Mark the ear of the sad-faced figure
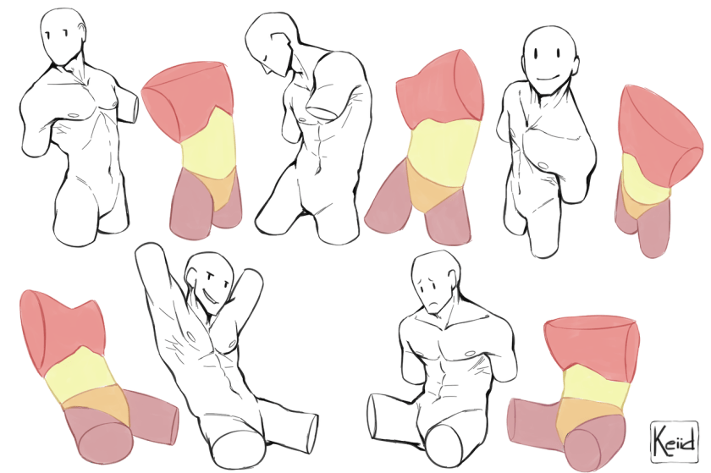click(x=450, y=279)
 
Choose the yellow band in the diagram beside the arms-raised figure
click(x=80, y=371)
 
